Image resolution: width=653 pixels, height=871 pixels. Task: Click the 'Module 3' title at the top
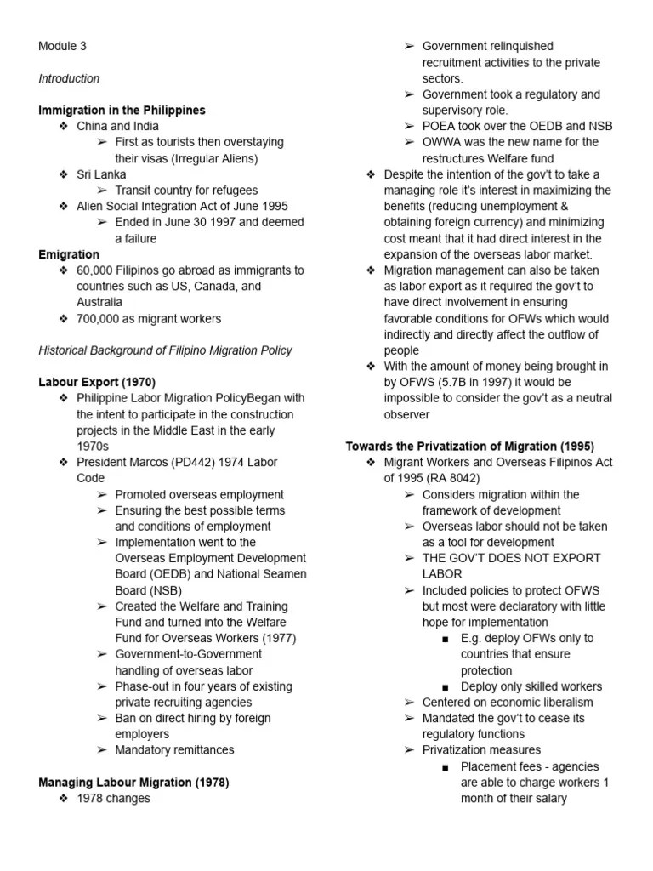(62, 46)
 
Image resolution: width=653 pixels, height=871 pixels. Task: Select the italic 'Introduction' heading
(69, 78)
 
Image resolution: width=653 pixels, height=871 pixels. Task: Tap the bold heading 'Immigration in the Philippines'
(122, 111)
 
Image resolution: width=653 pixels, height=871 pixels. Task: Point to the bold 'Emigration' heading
(69, 254)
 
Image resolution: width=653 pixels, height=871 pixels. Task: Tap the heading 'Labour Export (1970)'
(97, 382)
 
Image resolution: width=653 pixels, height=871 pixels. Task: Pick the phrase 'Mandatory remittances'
(174, 749)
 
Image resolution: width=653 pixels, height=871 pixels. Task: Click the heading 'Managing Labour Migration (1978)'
(133, 782)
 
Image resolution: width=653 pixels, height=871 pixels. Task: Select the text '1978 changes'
(112, 798)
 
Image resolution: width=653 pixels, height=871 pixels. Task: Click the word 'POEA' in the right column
(440, 126)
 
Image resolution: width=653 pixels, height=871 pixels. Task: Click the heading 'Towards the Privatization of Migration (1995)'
(469, 446)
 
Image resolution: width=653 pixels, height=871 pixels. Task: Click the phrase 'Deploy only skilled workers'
(531, 686)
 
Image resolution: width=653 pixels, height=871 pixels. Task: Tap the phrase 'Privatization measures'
(481, 749)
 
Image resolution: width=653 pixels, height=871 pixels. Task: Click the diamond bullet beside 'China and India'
(63, 126)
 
